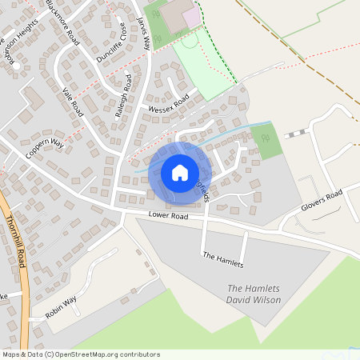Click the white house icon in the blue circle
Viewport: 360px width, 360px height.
[180, 173]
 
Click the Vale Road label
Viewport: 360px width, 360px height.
[72, 102]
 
